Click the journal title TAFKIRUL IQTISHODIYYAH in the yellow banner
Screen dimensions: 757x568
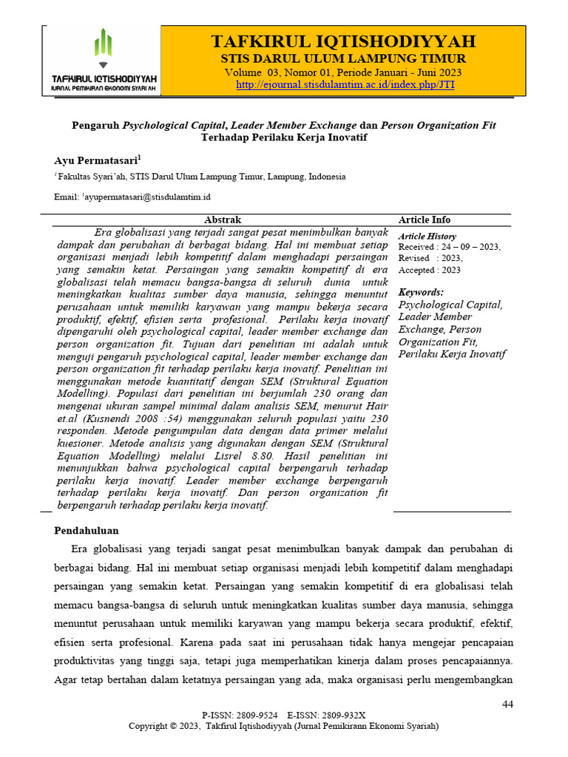click(343, 41)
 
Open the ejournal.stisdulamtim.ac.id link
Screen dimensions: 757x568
click(345, 85)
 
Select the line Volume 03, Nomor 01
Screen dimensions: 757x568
click(344, 72)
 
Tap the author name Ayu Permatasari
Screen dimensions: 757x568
click(96, 160)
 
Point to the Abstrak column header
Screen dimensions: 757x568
click(222, 220)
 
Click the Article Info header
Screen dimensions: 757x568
click(424, 220)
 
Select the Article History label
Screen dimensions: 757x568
click(427, 236)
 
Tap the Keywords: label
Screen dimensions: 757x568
click(421, 292)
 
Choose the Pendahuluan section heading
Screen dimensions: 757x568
click(87, 531)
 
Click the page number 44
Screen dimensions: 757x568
click(507, 704)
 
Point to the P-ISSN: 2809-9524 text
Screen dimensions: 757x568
click(240, 716)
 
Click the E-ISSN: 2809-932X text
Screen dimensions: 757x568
click(326, 716)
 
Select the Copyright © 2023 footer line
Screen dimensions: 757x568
click(283, 726)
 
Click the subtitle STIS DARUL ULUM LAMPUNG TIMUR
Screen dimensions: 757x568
click(343, 58)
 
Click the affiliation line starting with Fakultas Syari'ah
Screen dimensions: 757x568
click(191, 177)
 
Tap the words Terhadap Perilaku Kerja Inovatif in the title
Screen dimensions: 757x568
click(283, 138)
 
